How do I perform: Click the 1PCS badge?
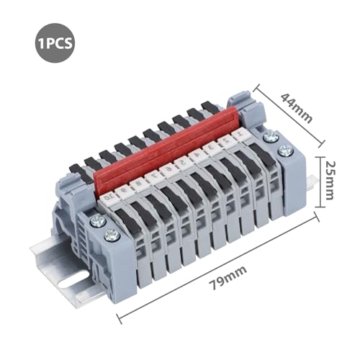tap(52, 42)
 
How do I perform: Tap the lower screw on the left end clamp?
tap(110, 235)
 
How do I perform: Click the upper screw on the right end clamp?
tap(271, 136)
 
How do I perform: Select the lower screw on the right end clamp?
tap(284, 150)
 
